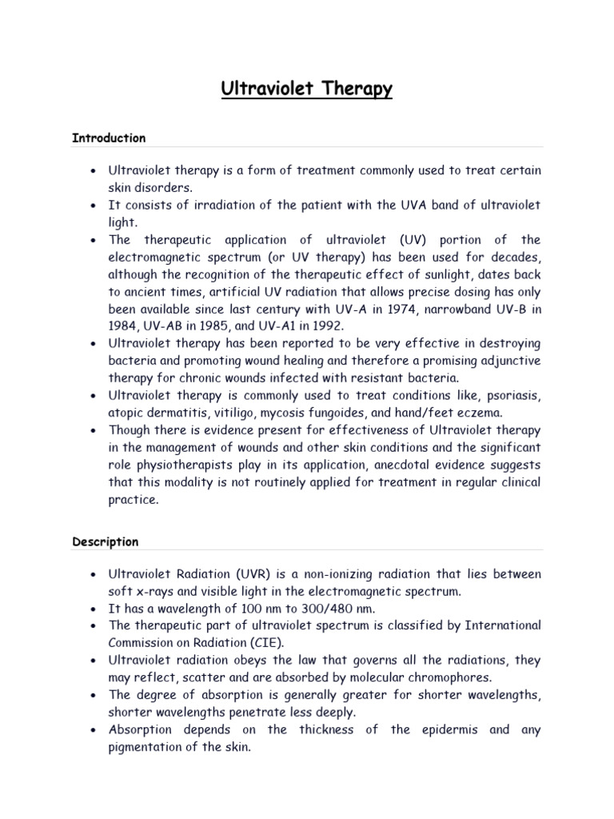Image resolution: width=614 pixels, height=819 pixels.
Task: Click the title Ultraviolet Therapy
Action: pos(307,88)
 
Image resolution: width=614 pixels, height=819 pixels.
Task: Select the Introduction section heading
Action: pos(109,138)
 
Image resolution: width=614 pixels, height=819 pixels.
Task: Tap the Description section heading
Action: pos(105,541)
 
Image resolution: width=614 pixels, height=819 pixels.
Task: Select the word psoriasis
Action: pos(514,395)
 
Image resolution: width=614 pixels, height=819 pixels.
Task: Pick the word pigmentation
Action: pos(146,747)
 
